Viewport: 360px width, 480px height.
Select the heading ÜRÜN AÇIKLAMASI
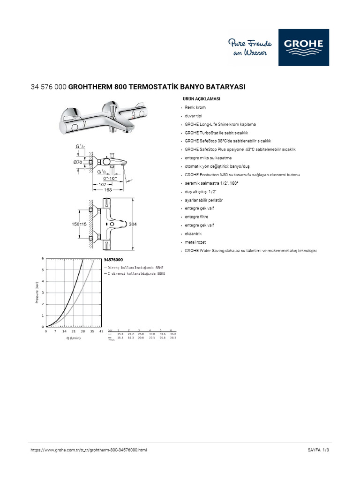pyautogui.click(x=201, y=99)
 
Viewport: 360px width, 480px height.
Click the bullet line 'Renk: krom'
pyautogui.click(x=195, y=107)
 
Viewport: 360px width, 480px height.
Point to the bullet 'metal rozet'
pyautogui.click(x=195, y=242)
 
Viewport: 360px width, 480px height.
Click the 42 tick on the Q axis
pyautogui.click(x=102, y=331)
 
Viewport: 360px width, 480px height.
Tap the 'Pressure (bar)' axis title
pyautogui.click(x=37, y=292)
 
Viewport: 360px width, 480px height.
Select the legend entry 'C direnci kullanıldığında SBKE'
pyautogui.click(x=136, y=273)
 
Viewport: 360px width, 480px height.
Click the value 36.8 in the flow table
pyautogui.click(x=172, y=334)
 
